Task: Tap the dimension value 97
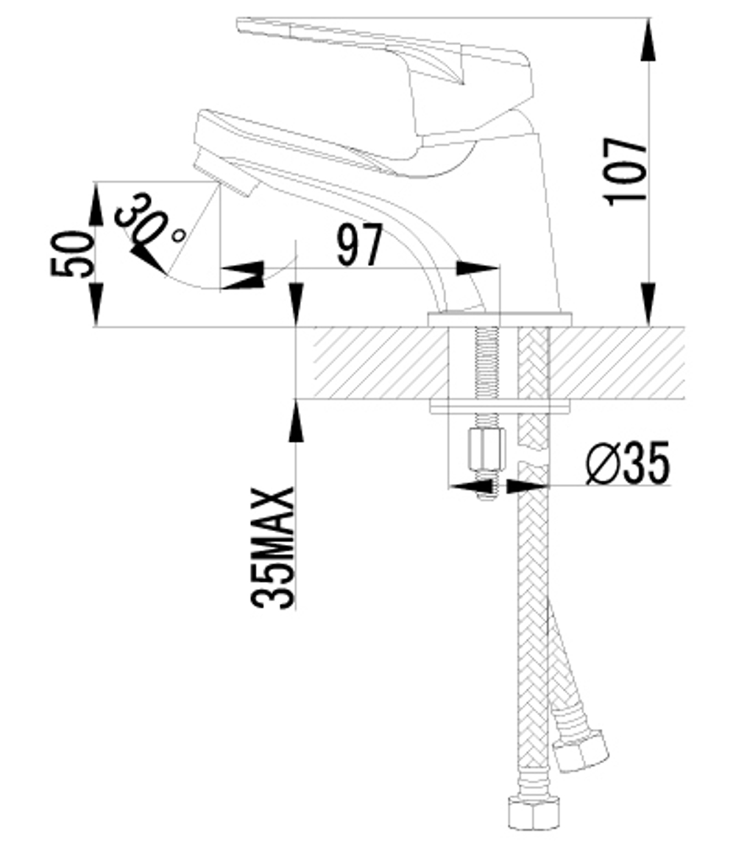pyautogui.click(x=360, y=246)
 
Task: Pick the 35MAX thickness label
pyautogui.click(x=274, y=548)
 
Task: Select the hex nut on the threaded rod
pyautogui.click(x=486, y=449)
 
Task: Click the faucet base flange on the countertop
pyautogui.click(x=500, y=319)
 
